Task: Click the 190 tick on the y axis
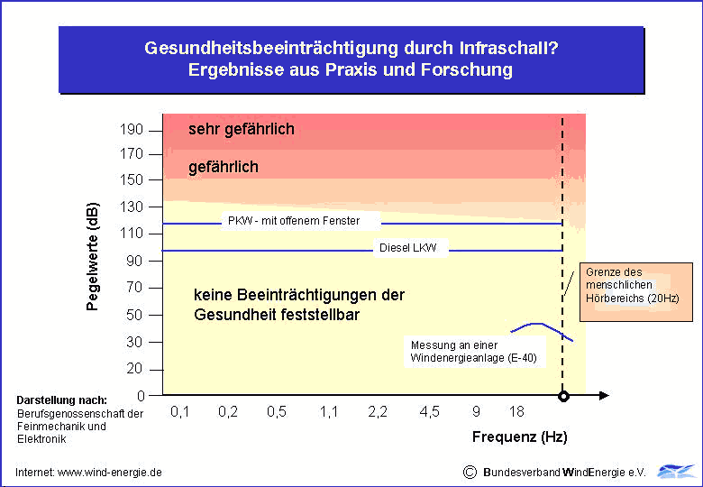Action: pyautogui.click(x=132, y=129)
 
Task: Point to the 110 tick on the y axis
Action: pyautogui.click(x=132, y=234)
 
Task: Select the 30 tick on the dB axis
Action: pyautogui.click(x=134, y=342)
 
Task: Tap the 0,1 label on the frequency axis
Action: pyautogui.click(x=180, y=411)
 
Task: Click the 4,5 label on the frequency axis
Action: pyautogui.click(x=429, y=411)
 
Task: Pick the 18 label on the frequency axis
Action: pyautogui.click(x=516, y=411)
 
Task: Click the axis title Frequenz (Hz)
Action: pyautogui.click(x=520, y=437)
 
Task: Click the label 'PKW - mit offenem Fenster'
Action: pyautogui.click(x=293, y=221)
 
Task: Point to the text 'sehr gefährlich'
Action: pyautogui.click(x=242, y=129)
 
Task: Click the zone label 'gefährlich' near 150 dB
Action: pyautogui.click(x=224, y=167)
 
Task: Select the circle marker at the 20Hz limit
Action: pyautogui.click(x=563, y=396)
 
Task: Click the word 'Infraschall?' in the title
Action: pyautogui.click(x=507, y=48)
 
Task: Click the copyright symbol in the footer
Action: pyautogui.click(x=469, y=472)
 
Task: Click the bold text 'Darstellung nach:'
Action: pyautogui.click(x=62, y=400)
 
